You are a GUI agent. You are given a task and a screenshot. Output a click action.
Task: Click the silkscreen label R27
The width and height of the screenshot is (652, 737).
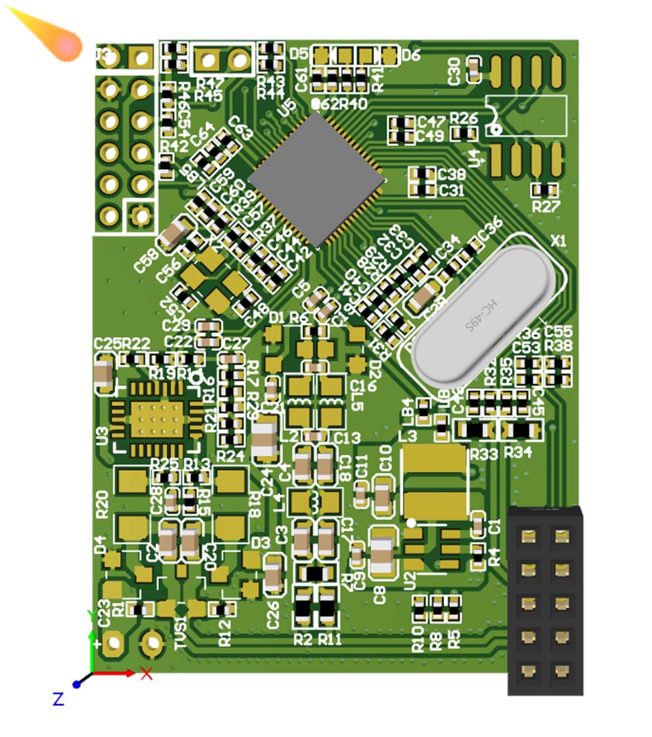[x=546, y=206]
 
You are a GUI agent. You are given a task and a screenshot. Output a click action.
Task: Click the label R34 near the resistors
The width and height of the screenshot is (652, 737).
[x=518, y=452]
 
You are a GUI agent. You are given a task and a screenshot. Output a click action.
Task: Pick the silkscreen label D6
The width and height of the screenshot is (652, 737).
[x=411, y=55]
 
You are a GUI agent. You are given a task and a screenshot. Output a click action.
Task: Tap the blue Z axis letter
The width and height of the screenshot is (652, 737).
[x=58, y=699]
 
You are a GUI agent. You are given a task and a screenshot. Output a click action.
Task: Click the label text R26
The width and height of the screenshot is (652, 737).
[x=464, y=118]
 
